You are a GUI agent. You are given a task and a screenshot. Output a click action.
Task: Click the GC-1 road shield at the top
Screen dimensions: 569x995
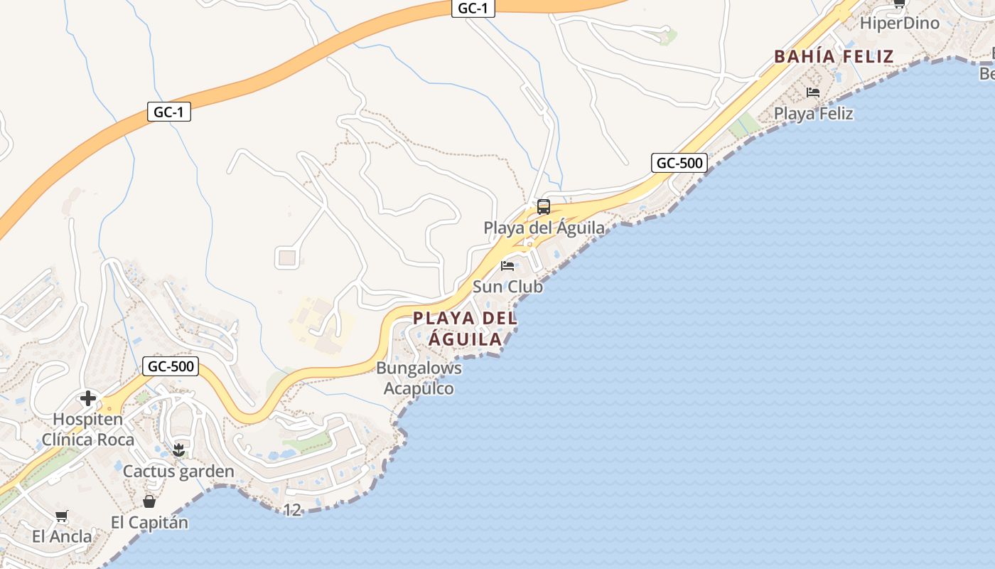click(x=473, y=9)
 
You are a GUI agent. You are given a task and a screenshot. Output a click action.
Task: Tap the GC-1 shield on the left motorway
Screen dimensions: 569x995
click(x=170, y=112)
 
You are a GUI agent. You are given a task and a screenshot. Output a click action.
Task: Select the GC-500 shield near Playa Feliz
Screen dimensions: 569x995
click(x=679, y=163)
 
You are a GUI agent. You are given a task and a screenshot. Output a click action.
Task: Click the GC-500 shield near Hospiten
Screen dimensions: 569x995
click(x=171, y=367)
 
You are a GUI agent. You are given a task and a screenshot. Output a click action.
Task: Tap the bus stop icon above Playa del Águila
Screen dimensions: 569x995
click(x=544, y=207)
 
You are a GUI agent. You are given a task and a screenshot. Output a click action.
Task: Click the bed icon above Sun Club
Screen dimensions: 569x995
click(x=507, y=266)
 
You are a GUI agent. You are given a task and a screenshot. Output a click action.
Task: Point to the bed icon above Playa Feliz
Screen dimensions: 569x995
click(x=813, y=92)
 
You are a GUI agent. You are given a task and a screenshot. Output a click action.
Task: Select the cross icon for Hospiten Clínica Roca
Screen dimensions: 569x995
click(x=88, y=398)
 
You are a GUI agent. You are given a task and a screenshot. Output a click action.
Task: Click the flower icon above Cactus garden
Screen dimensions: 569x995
click(x=178, y=450)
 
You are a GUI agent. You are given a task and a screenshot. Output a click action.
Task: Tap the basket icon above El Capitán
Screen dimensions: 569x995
click(x=149, y=501)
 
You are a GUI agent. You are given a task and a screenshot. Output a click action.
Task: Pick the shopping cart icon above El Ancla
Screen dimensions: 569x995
click(x=62, y=516)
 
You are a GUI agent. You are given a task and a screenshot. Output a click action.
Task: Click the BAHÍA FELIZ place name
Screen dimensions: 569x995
click(x=834, y=57)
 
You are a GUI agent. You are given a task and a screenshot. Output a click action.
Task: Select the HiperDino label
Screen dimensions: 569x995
click(x=899, y=23)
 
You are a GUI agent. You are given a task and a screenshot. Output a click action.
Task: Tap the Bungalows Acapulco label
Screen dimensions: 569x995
click(x=419, y=378)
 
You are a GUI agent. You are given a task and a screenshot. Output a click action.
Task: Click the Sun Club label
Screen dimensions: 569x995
click(x=507, y=287)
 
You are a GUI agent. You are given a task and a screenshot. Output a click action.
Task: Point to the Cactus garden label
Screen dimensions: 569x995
click(x=178, y=472)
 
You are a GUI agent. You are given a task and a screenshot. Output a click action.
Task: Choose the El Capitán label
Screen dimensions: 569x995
click(x=149, y=522)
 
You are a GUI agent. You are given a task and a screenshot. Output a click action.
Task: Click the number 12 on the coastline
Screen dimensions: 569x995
click(x=292, y=510)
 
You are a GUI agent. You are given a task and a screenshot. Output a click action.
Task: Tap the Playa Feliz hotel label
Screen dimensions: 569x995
click(x=813, y=113)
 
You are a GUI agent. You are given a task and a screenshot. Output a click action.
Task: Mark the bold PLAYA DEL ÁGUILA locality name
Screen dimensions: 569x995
click(x=466, y=328)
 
